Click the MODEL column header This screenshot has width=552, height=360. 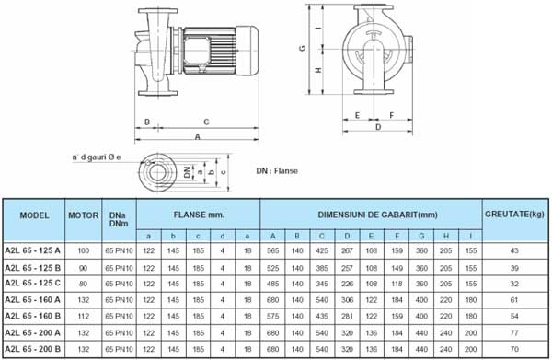[33, 214]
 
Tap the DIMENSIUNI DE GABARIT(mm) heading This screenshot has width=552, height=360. [372, 214]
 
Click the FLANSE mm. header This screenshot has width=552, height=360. [198, 214]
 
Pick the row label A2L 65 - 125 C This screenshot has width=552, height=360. [33, 284]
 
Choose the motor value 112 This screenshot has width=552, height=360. [84, 316]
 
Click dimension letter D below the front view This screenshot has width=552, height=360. [378, 128]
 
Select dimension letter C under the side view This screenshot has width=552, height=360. [206, 122]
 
